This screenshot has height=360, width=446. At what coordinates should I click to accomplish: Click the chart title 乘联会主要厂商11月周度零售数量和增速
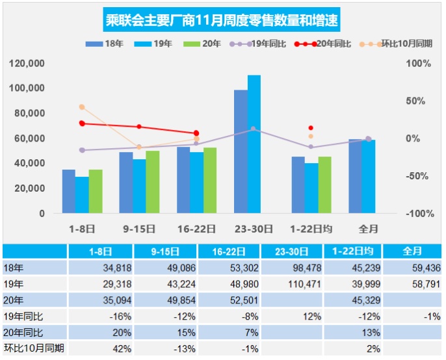click(x=222, y=20)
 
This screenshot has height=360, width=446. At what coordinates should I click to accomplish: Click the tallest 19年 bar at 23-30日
click(x=254, y=144)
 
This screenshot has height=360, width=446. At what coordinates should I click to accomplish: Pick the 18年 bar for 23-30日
click(x=241, y=151)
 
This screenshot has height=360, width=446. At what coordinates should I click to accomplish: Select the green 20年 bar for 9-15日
click(x=152, y=182)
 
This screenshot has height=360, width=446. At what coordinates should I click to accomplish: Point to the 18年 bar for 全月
click(x=355, y=176)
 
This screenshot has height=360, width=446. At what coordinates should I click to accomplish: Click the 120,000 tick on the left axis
click(x=27, y=64)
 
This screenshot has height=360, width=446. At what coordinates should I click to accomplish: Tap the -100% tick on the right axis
click(x=419, y=214)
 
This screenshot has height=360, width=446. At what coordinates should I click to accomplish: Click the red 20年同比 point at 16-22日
click(x=196, y=133)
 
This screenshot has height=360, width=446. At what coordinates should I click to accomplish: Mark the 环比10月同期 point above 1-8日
click(x=82, y=107)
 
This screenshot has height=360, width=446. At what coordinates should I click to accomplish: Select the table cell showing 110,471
click(x=287, y=284)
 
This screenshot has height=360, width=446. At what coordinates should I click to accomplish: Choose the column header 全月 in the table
click(x=412, y=251)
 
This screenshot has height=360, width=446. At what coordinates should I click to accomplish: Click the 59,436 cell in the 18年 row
click(x=413, y=268)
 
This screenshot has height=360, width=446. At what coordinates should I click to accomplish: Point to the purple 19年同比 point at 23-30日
click(x=254, y=129)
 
